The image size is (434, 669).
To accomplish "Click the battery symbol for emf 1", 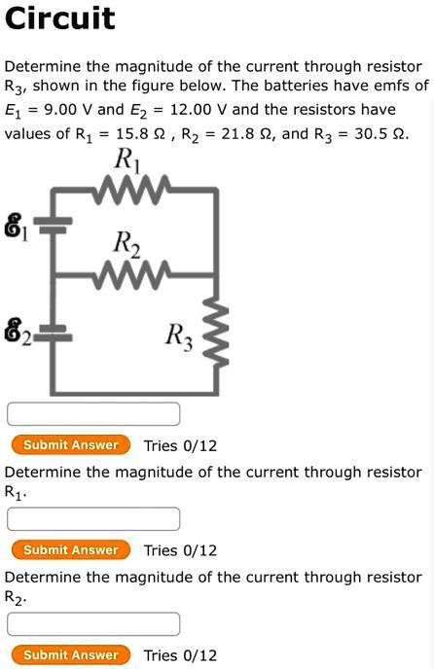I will [x=55, y=226].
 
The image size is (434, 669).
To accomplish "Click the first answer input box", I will [x=93, y=413].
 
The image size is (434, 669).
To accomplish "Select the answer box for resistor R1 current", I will [x=93, y=518].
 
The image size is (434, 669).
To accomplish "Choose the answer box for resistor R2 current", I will [x=93, y=623].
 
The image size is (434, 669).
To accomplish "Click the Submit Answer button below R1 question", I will [x=70, y=550].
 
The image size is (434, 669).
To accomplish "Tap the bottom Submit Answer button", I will [x=70, y=655].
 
